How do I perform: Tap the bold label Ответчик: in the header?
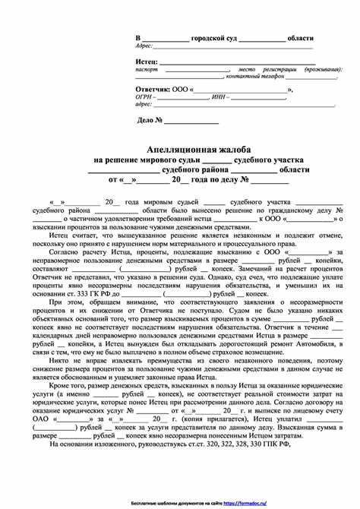point(153,90)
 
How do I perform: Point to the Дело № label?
point(150,119)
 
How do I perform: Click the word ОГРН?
point(144,97)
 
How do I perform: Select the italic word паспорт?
point(147,68)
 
